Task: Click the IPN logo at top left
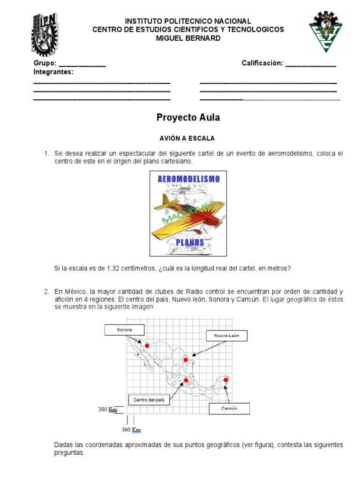[x=45, y=35]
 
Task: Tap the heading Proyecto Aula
[x=188, y=118]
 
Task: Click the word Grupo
[x=45, y=63]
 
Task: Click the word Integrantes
[x=53, y=72]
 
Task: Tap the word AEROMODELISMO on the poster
[x=188, y=179]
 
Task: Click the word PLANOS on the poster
[x=190, y=242]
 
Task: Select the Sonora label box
[x=125, y=330]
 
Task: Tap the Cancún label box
[x=229, y=408]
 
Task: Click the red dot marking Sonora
[x=147, y=346]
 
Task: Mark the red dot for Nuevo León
[x=186, y=360]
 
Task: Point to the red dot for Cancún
[x=226, y=380]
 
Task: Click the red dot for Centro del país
[x=186, y=380]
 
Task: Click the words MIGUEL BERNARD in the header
[x=188, y=38]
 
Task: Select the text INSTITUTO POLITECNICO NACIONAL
[x=188, y=22]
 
